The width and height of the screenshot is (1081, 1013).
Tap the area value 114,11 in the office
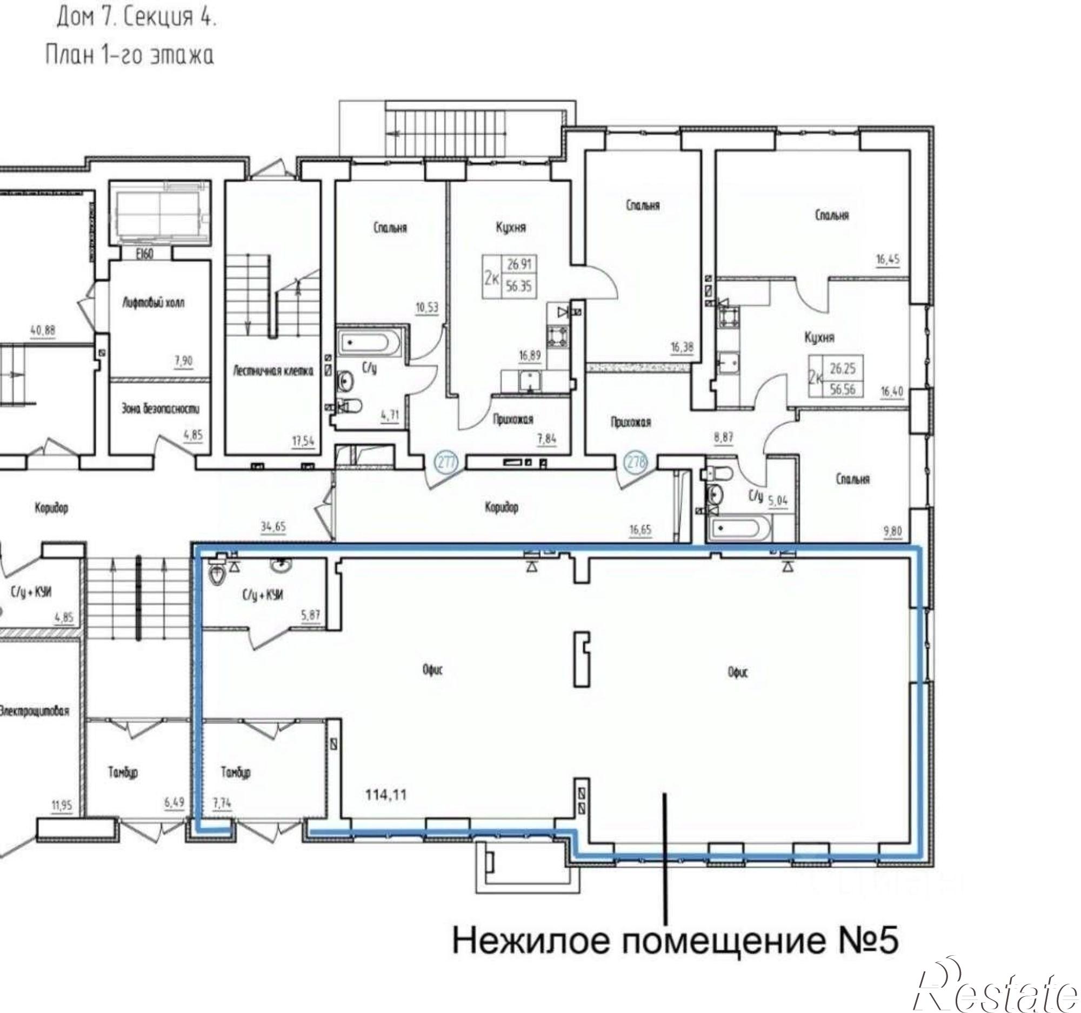385,796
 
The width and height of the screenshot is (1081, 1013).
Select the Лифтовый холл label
153,303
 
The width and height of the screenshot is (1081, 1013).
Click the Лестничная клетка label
273,372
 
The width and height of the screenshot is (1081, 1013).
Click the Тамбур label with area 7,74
236,772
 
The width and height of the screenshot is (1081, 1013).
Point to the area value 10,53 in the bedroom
427,308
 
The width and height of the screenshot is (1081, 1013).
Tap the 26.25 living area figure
842,369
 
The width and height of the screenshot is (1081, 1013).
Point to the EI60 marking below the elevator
144,255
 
